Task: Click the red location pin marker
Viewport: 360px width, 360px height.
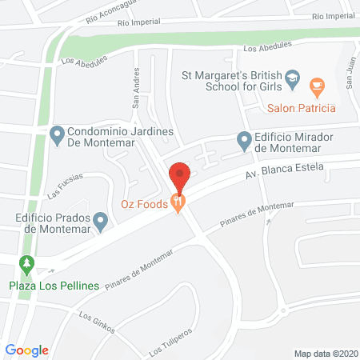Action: tap(180, 174)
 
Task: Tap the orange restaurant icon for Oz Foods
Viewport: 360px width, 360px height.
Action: tap(179, 205)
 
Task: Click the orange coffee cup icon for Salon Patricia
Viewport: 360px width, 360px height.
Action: tap(318, 86)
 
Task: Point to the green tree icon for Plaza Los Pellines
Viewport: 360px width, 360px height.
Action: tap(28, 264)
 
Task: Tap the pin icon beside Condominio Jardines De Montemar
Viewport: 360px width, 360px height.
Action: tap(57, 134)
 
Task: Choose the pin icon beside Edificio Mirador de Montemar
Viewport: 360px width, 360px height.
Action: tap(245, 141)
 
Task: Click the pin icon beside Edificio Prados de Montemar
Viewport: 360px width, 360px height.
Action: tap(100, 220)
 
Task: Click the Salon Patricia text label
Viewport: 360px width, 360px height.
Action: tap(302, 108)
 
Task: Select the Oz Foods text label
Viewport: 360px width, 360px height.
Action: tap(144, 205)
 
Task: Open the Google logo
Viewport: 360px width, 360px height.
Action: tap(27, 350)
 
